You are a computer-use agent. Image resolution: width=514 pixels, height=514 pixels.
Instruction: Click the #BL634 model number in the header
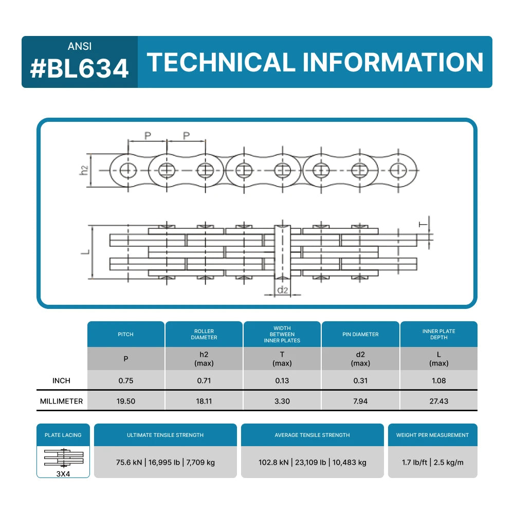tap(79, 68)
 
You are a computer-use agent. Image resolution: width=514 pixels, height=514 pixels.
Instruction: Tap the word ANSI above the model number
tap(80, 46)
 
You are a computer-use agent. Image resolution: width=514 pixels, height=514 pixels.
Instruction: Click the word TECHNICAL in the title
tap(221, 62)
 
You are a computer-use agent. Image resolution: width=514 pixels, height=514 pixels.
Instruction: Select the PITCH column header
tap(125, 335)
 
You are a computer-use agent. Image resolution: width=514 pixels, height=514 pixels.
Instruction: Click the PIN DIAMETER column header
tap(360, 335)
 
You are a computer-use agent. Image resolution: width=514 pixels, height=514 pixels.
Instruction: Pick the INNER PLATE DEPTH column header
tap(438, 335)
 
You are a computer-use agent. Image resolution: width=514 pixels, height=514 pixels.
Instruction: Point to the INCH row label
tap(61, 380)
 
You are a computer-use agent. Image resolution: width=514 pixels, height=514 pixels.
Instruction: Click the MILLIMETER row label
tap(61, 401)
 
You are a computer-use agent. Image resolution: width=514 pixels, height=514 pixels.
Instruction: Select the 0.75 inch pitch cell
tap(125, 380)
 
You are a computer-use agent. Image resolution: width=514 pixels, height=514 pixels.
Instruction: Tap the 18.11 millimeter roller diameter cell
tap(204, 401)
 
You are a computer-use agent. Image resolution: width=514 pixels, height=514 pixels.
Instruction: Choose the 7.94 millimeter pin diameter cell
tap(360, 401)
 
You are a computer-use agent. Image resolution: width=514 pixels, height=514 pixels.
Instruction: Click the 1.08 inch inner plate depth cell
tap(438, 380)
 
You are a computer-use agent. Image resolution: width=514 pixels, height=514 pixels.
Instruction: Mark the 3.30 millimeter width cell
tap(282, 401)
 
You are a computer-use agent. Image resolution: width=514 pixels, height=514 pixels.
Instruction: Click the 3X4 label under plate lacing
tap(63, 474)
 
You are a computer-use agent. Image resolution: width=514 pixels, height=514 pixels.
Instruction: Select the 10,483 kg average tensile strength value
tap(349, 463)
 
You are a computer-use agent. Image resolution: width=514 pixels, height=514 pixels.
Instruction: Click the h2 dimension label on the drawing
tap(84, 171)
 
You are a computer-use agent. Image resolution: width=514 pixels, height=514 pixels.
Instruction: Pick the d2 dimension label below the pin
tap(283, 290)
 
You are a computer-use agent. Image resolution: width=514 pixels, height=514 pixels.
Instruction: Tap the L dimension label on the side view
tap(85, 252)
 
